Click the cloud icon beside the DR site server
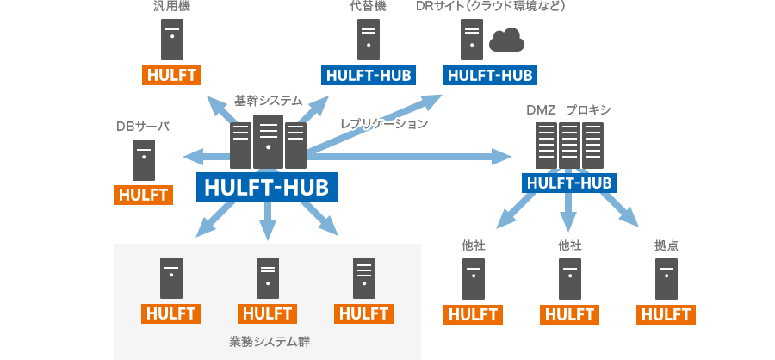click(506, 40)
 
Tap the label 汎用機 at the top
click(171, 7)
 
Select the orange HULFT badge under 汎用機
click(171, 74)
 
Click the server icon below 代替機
click(369, 39)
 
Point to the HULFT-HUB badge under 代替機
click(369, 75)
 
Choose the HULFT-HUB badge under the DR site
click(489, 75)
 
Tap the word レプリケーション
click(384, 124)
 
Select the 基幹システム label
click(269, 101)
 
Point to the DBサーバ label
click(143, 127)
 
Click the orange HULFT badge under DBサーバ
click(144, 194)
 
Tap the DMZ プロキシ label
click(568, 110)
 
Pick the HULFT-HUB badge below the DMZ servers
click(568, 183)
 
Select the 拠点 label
click(666, 245)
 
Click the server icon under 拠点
click(666, 277)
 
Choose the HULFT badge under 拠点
click(666, 313)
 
